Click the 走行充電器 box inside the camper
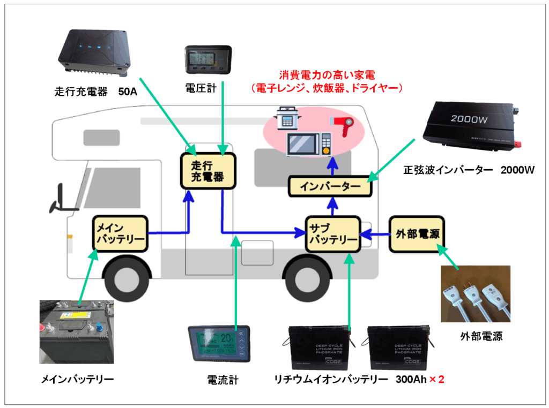pyautogui.click(x=207, y=171)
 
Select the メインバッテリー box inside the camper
pyautogui.click(x=120, y=234)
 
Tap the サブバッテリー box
pyautogui.click(x=332, y=233)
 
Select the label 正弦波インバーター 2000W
pyautogui.click(x=469, y=170)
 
